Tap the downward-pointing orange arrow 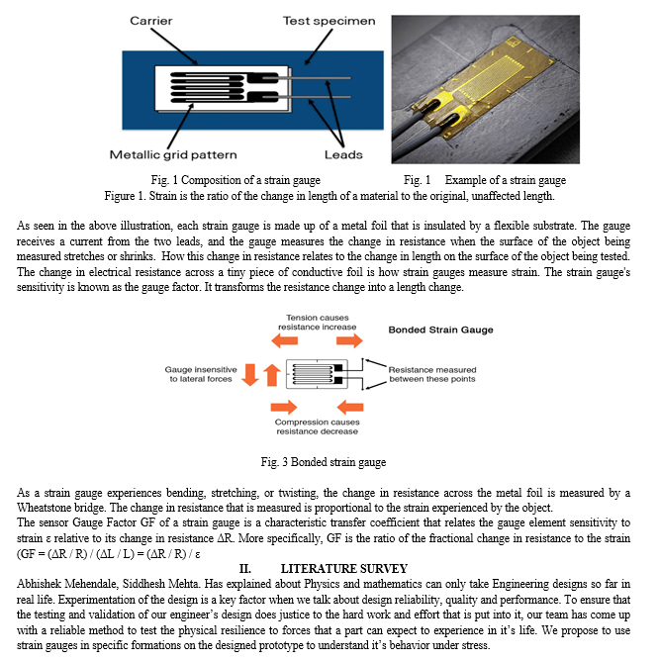coord(249,374)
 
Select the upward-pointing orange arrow coord(271,374)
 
